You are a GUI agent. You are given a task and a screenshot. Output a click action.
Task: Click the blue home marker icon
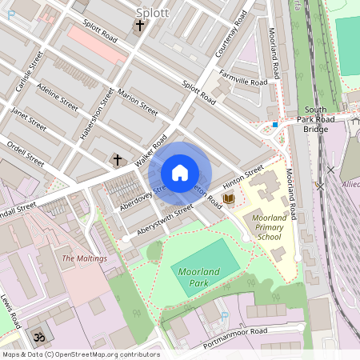coord(180,173)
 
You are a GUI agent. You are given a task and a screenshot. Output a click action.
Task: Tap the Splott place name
coord(152,12)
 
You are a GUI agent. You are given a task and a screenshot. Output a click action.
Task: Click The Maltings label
coord(84,258)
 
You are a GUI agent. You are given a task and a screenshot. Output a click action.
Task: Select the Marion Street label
coord(138,103)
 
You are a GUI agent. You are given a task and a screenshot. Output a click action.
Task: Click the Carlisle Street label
coord(29,71)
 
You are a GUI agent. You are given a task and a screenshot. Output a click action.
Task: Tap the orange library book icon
coord(229,198)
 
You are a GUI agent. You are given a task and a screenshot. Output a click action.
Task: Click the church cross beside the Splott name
coord(140,26)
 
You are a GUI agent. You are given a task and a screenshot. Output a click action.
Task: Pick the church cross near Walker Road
coord(118,160)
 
